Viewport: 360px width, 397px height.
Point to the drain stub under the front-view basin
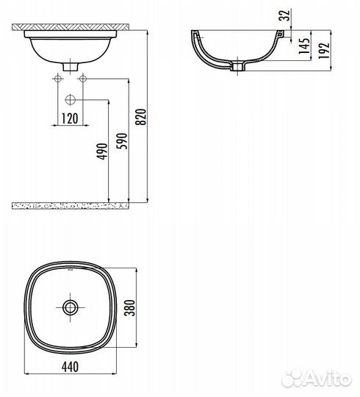pyautogui.click(x=70, y=67)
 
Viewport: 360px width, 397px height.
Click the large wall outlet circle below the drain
pyautogui.click(x=70, y=100)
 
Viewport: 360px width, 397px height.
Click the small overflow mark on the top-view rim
pyautogui.click(x=71, y=270)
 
